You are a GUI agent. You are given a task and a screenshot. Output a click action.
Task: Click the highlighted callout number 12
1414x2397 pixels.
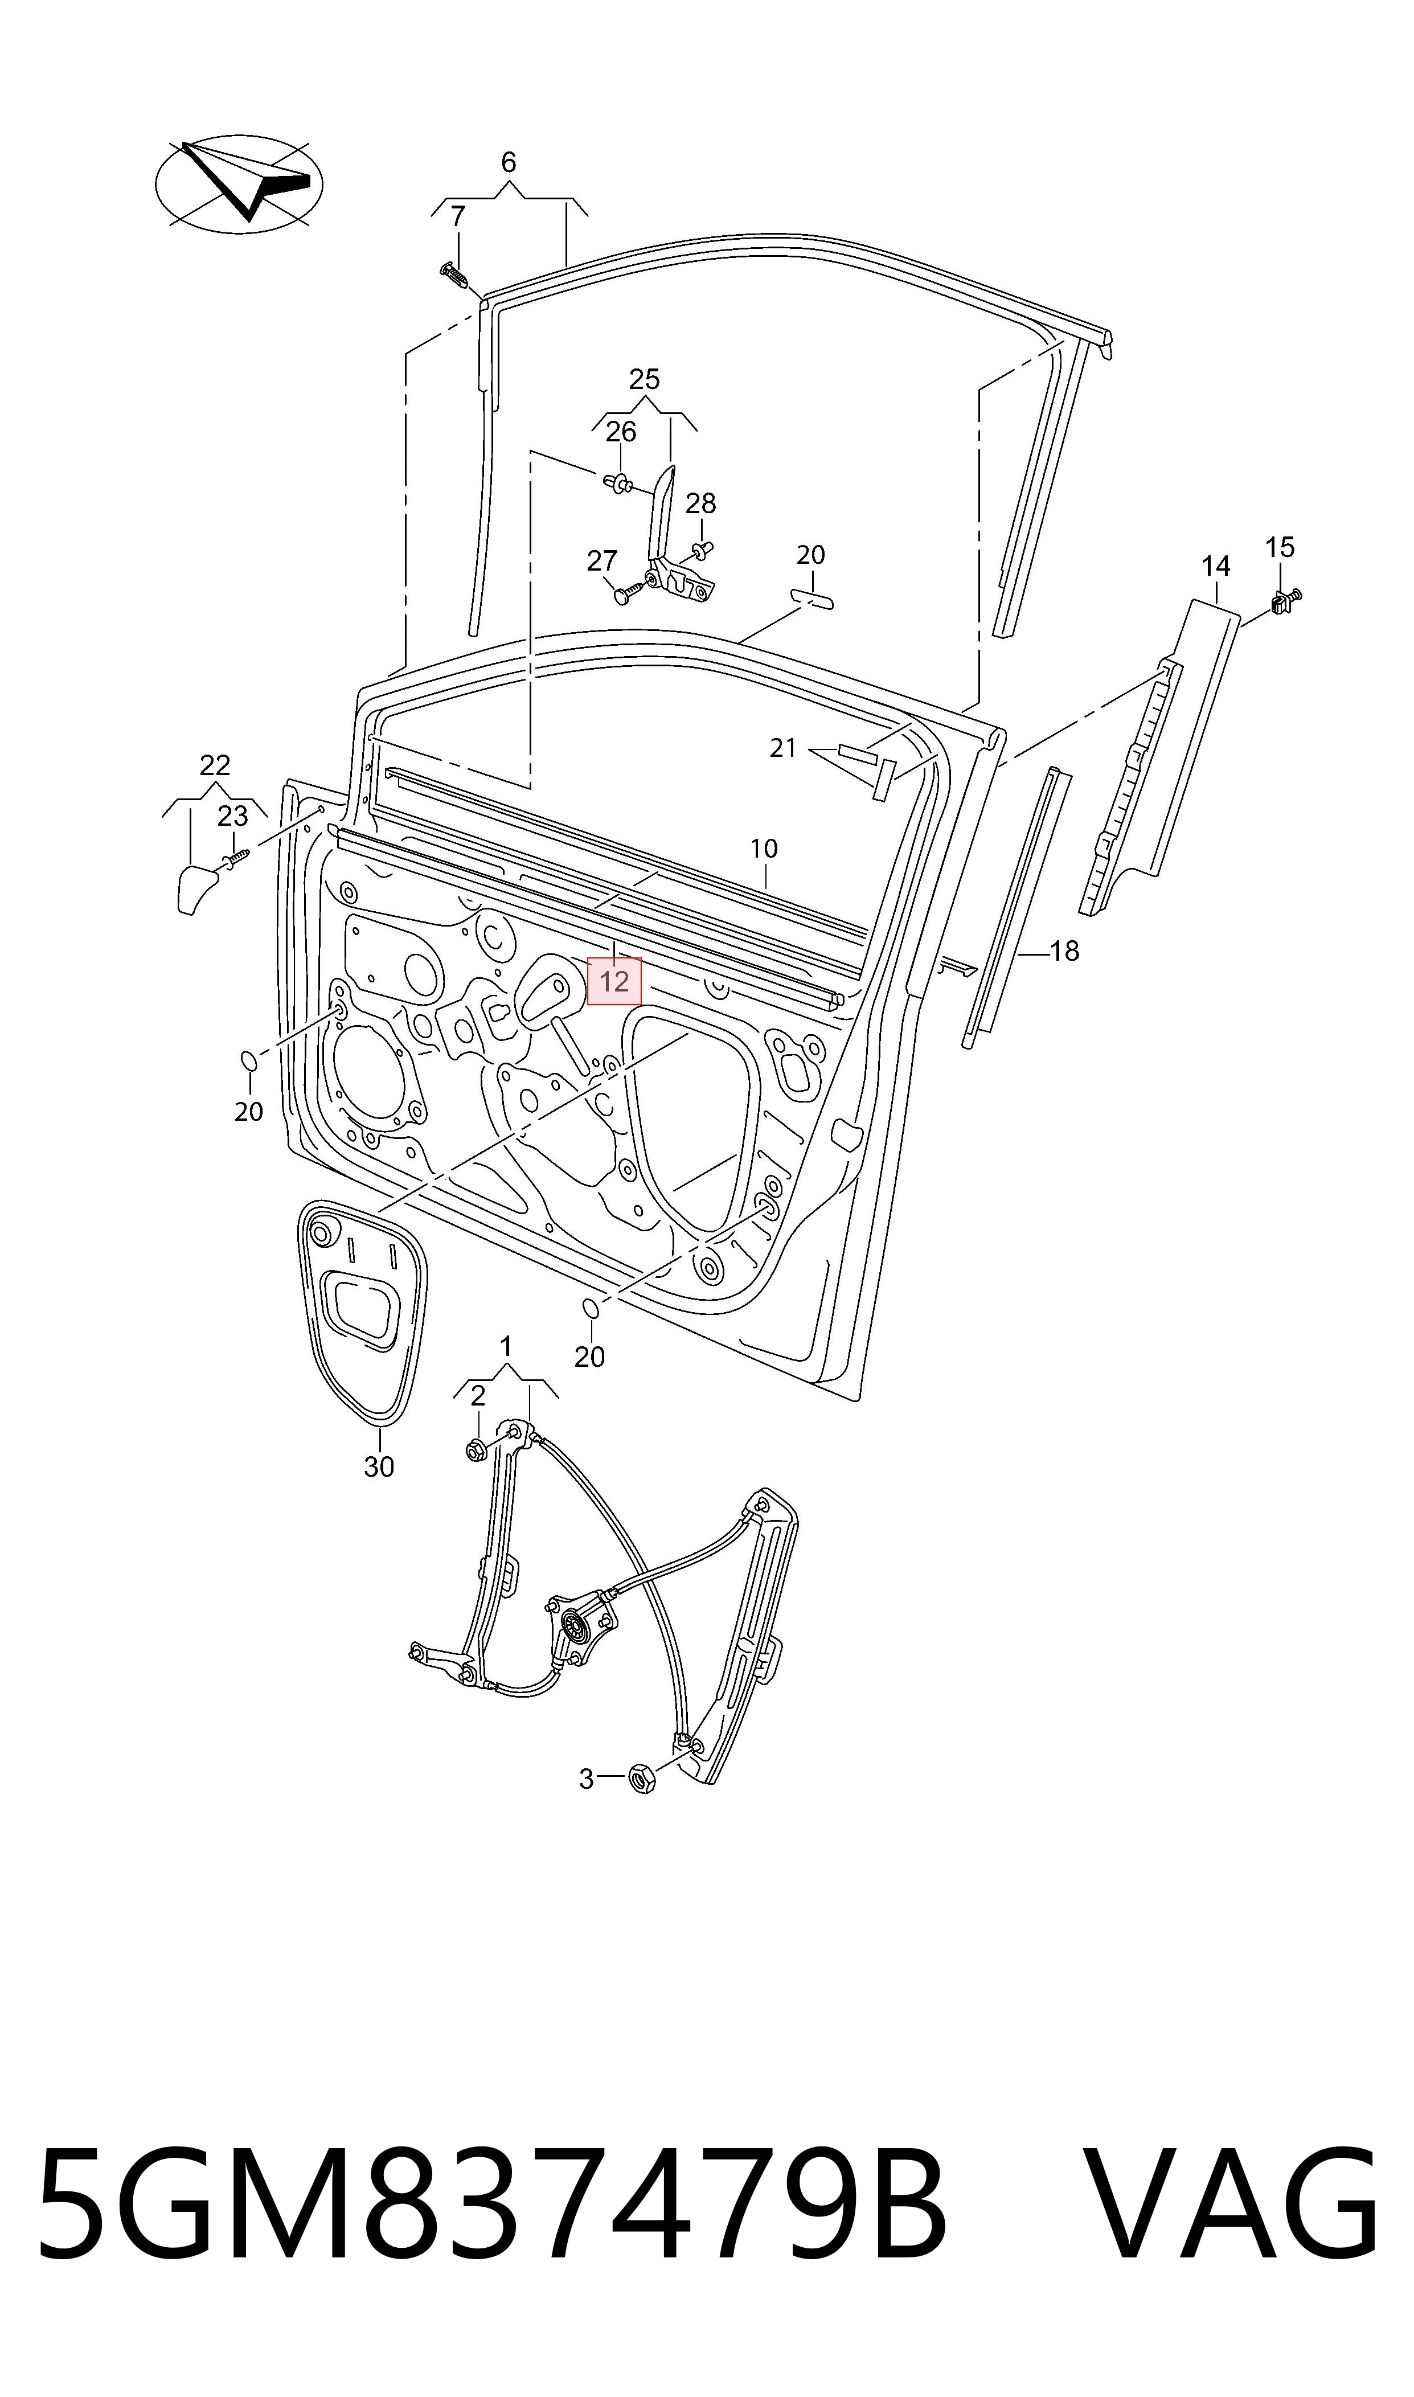pos(614,981)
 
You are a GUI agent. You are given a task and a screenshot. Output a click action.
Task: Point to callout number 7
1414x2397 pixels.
pos(458,217)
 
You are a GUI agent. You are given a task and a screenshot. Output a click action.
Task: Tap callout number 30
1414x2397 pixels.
pos(379,1466)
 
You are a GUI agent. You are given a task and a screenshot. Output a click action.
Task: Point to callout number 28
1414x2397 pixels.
pos(700,503)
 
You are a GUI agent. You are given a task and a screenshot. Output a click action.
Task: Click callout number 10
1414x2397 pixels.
pos(764,848)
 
